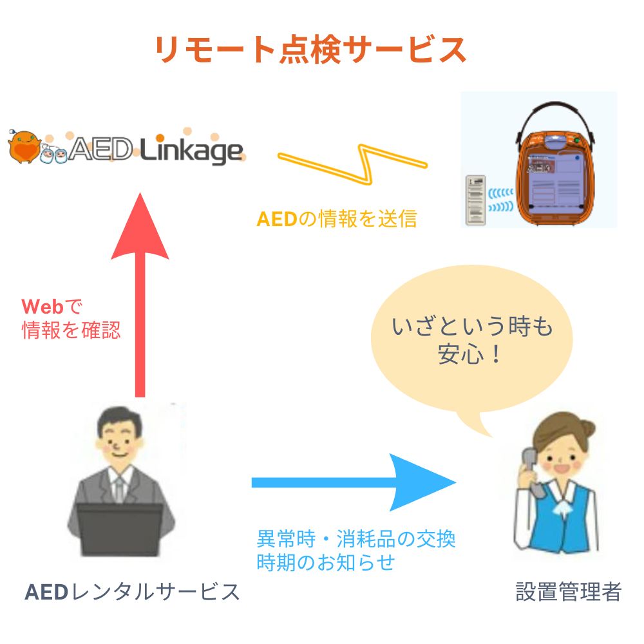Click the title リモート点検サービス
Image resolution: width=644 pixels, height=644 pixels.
point(310,50)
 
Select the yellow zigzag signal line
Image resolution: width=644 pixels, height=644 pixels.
point(353,161)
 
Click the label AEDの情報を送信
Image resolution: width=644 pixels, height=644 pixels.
point(336,220)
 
